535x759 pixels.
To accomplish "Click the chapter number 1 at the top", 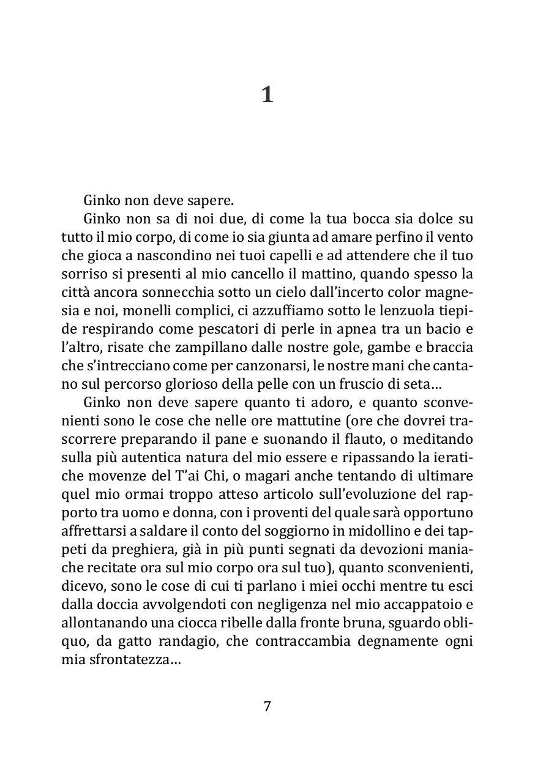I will coord(267,95).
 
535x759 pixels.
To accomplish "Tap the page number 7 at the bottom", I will coord(267,706).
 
